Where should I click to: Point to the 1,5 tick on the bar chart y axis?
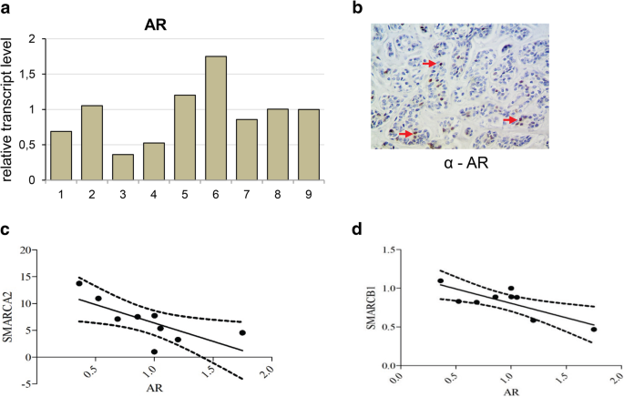click(32, 75)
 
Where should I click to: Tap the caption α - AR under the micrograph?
click(458, 167)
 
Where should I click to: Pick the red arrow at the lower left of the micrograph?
click(404, 135)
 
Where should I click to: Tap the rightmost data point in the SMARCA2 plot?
click(242, 332)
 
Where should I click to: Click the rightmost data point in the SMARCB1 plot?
click(593, 330)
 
